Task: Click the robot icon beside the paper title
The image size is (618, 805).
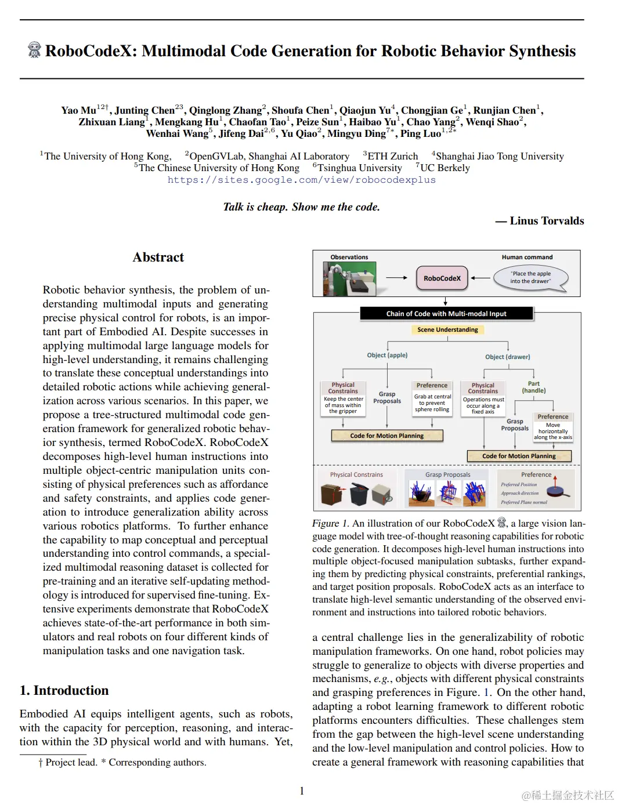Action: tap(34, 50)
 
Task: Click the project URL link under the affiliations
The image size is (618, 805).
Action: tap(301, 180)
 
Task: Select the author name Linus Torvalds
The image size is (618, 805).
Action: tap(547, 221)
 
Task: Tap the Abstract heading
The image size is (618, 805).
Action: tap(158, 258)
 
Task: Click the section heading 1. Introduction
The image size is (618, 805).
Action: tap(64, 690)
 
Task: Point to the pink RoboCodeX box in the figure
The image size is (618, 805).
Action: tap(442, 278)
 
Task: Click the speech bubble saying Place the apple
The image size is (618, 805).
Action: tap(530, 277)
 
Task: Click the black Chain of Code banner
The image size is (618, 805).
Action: tap(446, 314)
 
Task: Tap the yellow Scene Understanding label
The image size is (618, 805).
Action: tap(447, 329)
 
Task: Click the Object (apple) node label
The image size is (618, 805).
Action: tap(387, 355)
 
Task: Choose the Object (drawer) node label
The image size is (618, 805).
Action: tap(508, 357)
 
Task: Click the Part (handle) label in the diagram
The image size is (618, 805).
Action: tap(534, 387)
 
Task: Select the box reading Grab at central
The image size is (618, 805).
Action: tap(432, 403)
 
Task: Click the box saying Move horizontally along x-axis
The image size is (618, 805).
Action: tap(553, 431)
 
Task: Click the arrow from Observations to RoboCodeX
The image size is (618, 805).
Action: tap(397, 278)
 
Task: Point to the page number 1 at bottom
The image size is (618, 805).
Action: tap(302, 791)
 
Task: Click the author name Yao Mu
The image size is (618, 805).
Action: tap(78, 110)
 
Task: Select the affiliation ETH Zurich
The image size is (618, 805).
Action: tap(392, 156)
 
